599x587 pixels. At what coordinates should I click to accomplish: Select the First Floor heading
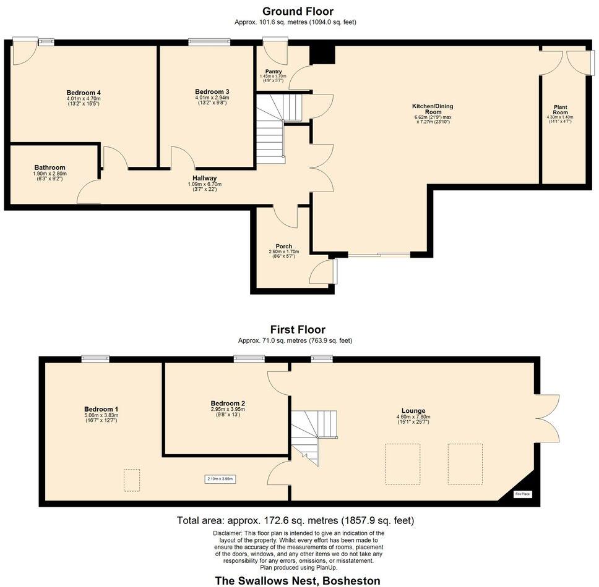[298, 330]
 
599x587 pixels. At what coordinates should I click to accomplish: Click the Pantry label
[273, 72]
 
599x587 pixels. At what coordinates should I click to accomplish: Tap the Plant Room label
[560, 109]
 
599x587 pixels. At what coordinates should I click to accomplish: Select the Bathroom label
[50, 167]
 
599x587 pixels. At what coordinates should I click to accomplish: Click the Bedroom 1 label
[101, 409]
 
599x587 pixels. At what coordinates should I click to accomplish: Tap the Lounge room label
[413, 411]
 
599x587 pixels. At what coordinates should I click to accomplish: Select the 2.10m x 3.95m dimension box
[220, 479]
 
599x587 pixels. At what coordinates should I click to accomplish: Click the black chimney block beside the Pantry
[322, 54]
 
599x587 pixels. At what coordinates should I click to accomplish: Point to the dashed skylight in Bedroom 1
[131, 480]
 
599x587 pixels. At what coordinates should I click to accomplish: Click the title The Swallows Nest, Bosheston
[297, 580]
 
